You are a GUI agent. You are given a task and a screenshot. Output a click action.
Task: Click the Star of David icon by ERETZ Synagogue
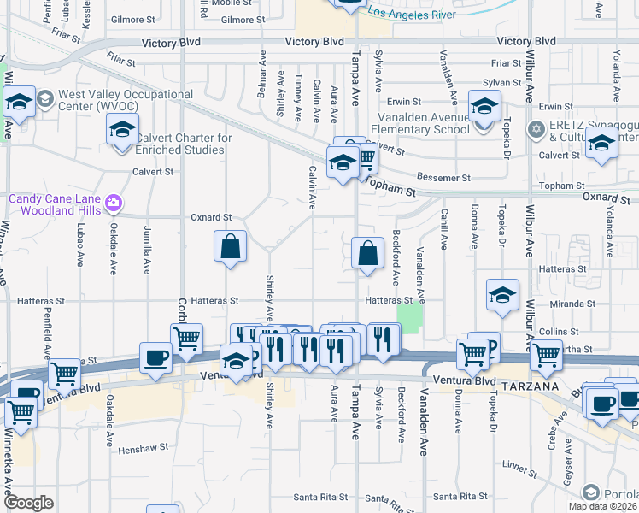tap(536, 130)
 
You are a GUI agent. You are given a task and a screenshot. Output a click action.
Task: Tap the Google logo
tap(28, 503)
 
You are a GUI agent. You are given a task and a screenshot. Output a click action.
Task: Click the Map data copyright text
tap(603, 506)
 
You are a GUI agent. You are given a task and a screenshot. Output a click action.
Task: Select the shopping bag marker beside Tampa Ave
tap(367, 254)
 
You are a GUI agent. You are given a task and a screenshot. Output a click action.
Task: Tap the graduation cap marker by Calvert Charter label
tap(122, 130)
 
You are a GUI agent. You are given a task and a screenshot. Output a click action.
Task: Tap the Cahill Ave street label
tap(444, 230)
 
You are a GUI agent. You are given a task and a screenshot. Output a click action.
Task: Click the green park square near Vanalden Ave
tap(410, 320)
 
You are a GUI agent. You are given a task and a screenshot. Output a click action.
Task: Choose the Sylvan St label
tap(501, 83)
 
